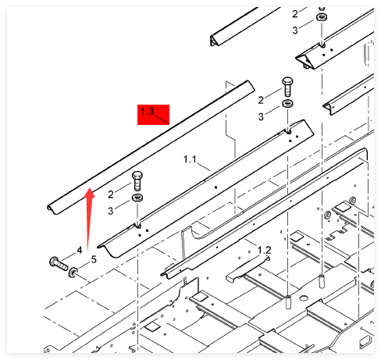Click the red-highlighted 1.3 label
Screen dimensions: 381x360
[148, 111]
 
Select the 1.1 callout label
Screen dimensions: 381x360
[190, 159]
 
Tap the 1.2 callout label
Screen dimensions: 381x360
[264, 250]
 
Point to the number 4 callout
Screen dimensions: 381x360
[80, 250]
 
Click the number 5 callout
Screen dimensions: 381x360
[94, 259]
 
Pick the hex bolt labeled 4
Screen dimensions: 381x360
[59, 263]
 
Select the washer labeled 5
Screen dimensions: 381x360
[73, 272]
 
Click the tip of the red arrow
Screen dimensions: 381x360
[90, 188]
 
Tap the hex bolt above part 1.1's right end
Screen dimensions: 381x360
[287, 87]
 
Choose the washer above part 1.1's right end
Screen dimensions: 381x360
[287, 103]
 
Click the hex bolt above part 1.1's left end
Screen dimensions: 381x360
[137, 180]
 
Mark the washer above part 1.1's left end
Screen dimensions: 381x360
[137, 198]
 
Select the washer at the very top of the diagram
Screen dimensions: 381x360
[322, 17]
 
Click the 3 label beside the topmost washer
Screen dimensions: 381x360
[295, 30]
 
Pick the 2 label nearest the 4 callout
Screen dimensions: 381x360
[111, 194]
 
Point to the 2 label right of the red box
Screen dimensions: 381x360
[261, 100]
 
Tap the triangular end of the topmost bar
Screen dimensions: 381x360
[214, 41]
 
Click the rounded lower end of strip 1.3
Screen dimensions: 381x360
[52, 209]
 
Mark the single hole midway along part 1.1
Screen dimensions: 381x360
[215, 187]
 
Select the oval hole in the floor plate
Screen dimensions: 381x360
[303, 298]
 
